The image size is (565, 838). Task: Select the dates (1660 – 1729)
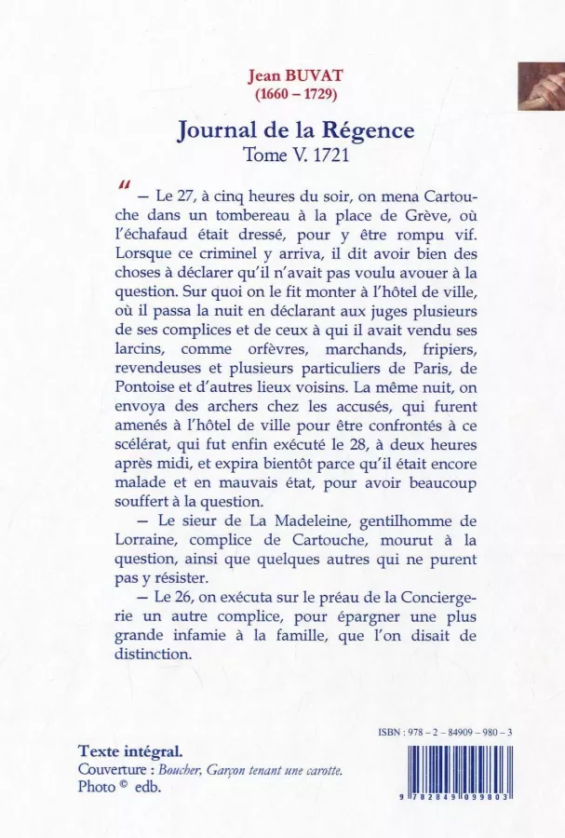[x=296, y=94]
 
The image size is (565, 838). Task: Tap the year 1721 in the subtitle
[x=328, y=155]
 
